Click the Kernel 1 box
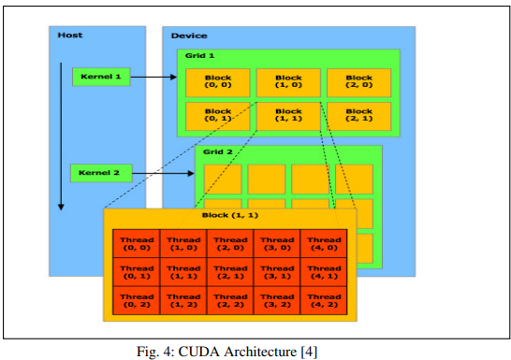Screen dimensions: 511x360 click(101, 77)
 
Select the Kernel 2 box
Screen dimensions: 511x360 click(101, 173)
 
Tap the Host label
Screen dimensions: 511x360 click(70, 36)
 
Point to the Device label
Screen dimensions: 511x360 click(189, 36)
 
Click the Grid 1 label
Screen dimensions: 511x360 click(199, 56)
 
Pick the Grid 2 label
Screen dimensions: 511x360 click(218, 152)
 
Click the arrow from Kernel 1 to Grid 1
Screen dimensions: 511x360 click(153, 77)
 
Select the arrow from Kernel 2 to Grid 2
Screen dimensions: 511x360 click(163, 174)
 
